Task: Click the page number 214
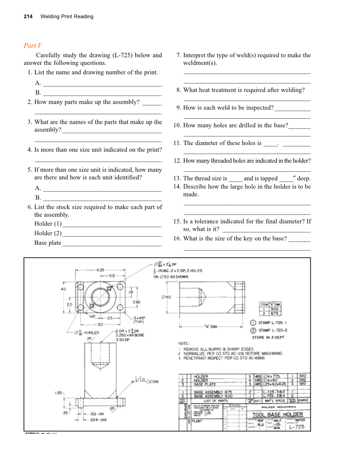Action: (28, 17)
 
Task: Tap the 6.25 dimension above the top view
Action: (100, 270)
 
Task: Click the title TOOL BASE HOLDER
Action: (278, 414)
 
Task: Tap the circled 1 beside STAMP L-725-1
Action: (252, 323)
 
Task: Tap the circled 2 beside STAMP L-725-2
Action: (252, 330)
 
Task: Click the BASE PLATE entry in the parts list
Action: (205, 384)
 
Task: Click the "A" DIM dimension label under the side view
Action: (212, 327)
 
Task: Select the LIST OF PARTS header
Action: (216, 400)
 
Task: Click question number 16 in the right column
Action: (178, 238)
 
